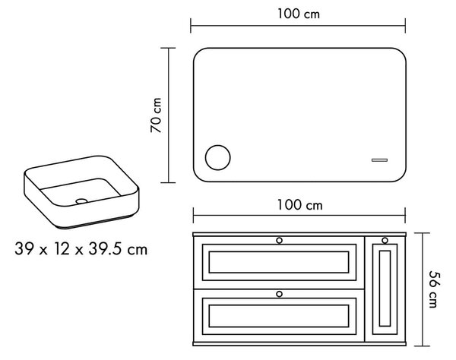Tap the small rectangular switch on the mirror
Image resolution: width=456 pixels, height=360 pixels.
[x=379, y=160]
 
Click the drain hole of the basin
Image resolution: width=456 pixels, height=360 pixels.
[x=81, y=201]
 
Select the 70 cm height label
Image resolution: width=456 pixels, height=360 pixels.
[x=156, y=115]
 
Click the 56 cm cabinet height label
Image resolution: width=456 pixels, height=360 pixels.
[x=433, y=289]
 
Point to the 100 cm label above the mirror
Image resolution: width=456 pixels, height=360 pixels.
[x=299, y=14]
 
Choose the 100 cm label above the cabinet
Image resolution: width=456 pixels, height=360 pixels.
[x=300, y=205]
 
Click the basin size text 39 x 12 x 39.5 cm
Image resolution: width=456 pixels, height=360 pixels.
[x=81, y=249]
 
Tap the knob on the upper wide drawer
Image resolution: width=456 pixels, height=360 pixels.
[x=279, y=240]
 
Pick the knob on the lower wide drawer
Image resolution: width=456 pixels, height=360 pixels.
[x=279, y=294]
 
